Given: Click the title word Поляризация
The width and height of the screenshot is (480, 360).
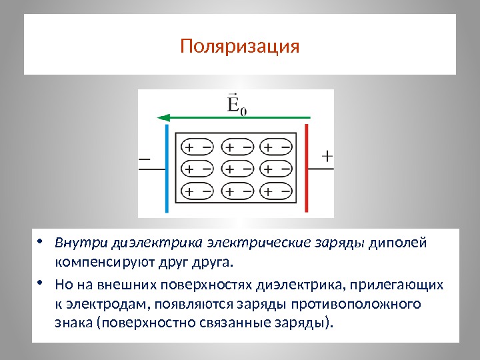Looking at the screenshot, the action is coord(240,47).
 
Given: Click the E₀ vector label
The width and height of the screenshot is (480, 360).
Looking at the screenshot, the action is coord(235,105).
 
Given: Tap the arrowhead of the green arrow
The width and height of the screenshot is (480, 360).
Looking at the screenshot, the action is coord(162,118).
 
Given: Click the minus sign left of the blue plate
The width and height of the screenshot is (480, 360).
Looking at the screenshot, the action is coord(145,159).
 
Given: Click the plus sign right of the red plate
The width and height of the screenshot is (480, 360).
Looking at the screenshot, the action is coord(327,156).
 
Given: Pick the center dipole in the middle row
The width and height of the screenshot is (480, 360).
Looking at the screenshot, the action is coord(237,169).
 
